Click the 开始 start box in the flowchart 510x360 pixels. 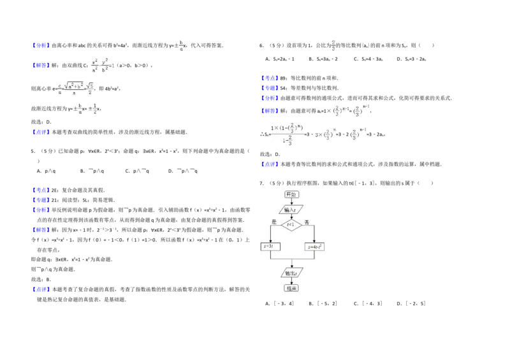tap(291, 194)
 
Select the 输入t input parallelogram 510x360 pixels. tap(291, 209)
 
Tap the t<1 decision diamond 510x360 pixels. tap(291, 224)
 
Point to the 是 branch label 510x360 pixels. tap(274, 222)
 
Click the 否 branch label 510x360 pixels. tap(307, 222)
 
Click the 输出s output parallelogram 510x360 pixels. tap(291, 273)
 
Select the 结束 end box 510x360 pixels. tap(291, 288)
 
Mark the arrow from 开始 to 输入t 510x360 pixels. tap(291, 201)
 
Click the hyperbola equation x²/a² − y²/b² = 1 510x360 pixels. tap(102, 66)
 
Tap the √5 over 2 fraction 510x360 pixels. tap(91, 89)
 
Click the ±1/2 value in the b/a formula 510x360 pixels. tap(92, 110)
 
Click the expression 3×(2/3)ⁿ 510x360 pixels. tap(324, 134)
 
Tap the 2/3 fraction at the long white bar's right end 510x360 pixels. tap(333, 45)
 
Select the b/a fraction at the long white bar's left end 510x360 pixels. tap(182, 45)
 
